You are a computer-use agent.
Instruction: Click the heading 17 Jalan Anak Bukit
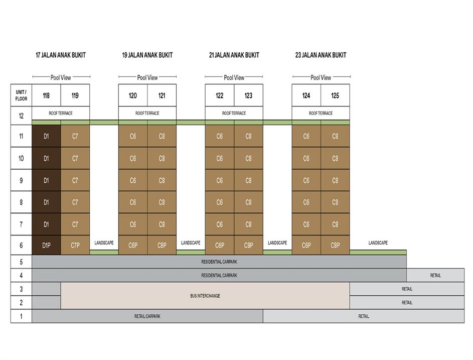pos(61,55)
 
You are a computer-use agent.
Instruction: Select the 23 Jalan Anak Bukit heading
pos(321,55)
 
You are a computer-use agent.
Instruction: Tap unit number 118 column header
pos(46,95)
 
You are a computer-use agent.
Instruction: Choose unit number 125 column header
pos(335,95)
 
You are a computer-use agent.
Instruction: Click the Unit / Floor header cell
pos(21,95)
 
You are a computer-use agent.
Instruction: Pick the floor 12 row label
pos(21,115)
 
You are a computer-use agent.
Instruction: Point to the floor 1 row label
pos(21,316)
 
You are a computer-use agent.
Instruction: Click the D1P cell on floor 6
pos(46,245)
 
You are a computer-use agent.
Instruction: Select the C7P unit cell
pos(75,245)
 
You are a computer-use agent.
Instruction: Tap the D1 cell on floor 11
pos(46,136)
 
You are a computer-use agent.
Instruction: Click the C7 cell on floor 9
pos(75,180)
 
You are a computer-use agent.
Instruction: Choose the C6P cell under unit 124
pos(306,245)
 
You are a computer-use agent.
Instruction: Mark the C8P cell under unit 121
pos(162,245)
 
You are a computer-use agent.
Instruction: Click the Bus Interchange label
pos(205,296)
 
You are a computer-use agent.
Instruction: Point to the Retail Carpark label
pos(147,316)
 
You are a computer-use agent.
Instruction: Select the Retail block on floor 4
pos(435,275)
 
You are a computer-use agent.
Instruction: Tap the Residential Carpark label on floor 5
pos(219,262)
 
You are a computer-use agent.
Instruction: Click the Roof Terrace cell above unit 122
pos(234,113)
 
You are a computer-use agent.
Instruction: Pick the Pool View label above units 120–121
pos(147,78)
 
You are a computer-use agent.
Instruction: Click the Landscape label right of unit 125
pos(378,243)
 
